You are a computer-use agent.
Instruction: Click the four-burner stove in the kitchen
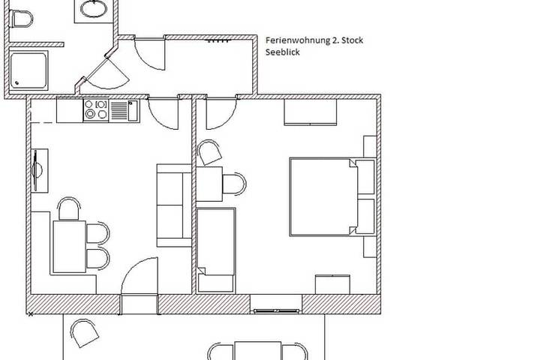click(95, 110)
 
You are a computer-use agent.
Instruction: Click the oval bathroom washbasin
click(94, 9)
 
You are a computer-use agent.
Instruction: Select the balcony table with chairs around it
click(257, 351)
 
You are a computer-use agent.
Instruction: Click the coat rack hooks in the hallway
click(217, 42)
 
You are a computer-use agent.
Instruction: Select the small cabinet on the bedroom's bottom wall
click(332, 284)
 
